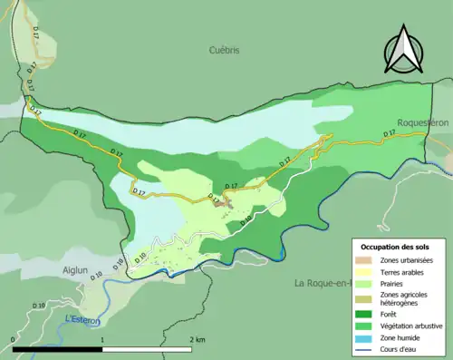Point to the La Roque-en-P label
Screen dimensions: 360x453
point(322,283)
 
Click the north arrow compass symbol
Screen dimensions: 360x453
point(403,53)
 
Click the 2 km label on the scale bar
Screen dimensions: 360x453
point(197,338)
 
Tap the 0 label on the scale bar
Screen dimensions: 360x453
point(13,338)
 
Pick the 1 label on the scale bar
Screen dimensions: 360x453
point(102,338)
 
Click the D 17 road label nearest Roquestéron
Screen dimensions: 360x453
point(390,133)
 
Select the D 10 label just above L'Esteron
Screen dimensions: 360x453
point(39,306)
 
